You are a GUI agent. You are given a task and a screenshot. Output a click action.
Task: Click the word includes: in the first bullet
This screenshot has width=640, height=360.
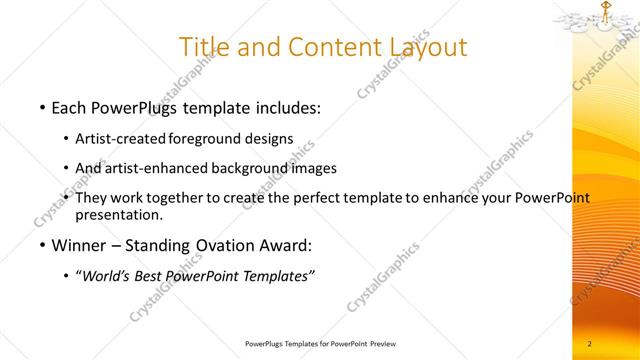pyautogui.click(x=283, y=107)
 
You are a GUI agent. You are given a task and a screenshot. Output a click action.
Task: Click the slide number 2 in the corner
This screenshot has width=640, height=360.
pyautogui.click(x=590, y=344)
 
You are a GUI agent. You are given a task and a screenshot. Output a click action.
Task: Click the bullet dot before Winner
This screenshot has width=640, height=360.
pyautogui.click(x=41, y=245)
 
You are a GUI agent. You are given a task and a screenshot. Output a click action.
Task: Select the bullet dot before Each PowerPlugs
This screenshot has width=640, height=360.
pyautogui.click(x=41, y=107)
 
